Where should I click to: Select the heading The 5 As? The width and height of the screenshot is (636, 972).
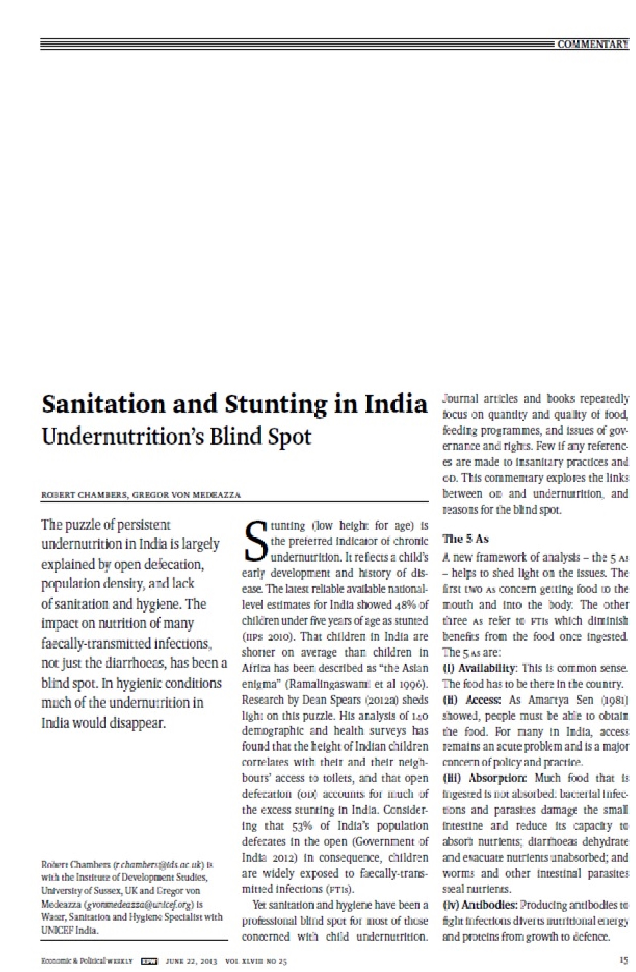tap(465, 539)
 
